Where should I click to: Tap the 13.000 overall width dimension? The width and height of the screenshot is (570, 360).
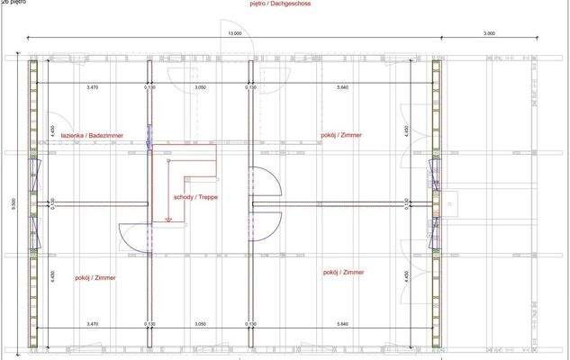[235, 33]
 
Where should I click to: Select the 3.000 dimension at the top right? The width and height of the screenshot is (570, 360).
[489, 33]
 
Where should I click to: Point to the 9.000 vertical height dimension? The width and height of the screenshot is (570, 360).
[14, 206]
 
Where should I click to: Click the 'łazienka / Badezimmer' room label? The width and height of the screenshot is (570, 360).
[92, 136]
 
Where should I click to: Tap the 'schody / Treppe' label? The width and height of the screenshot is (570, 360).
[196, 196]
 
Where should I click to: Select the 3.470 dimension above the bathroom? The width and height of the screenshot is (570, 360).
[92, 87]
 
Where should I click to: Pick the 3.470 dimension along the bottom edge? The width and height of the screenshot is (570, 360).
[92, 322]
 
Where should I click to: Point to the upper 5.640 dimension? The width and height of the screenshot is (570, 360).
[342, 87]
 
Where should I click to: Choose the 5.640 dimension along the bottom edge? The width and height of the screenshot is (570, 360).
[342, 322]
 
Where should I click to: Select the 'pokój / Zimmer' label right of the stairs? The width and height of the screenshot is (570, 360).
[341, 136]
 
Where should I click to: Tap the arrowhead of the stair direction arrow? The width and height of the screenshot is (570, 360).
[168, 220]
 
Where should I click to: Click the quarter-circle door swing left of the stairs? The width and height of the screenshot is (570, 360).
[133, 236]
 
